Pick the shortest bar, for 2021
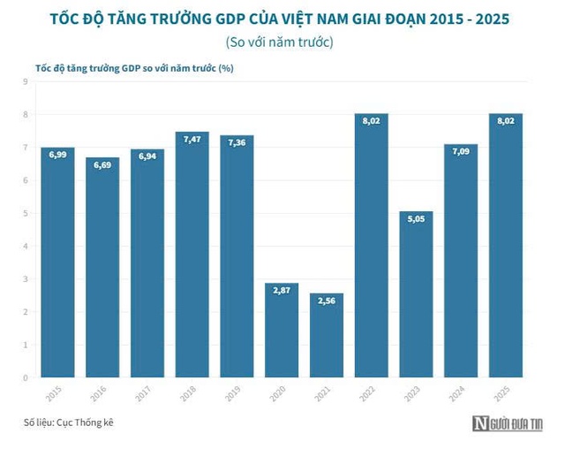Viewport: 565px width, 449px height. tap(327, 335)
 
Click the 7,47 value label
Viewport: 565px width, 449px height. tap(192, 139)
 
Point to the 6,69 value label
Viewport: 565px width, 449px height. tap(102, 164)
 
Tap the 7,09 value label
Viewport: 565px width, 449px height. tap(461, 151)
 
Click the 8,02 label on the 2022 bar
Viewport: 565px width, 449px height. tap(372, 121)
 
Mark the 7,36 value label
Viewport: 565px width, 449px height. tap(237, 142)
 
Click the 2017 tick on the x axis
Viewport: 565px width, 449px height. tap(147, 390)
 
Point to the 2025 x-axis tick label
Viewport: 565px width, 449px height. tap(505, 390)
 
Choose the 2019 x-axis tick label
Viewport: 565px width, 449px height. tap(237, 390)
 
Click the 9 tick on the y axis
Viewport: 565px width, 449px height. tap(26, 81)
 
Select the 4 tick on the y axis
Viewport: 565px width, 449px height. tap(26, 246)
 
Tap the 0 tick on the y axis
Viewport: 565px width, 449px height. tap(26, 377)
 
